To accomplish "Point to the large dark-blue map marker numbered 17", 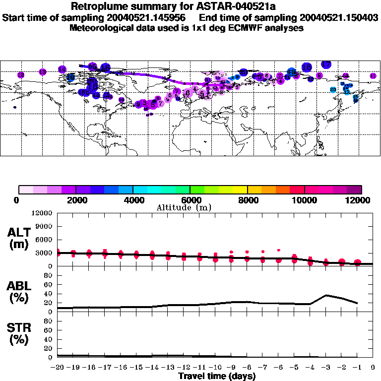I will (x=326, y=64).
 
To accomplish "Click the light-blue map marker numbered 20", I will (x=333, y=89).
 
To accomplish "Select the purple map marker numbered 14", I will (x=62, y=69).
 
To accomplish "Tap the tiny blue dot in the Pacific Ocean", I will (x=15, y=107).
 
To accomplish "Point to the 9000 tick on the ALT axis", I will (x=44, y=226).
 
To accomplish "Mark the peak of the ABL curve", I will (x=326, y=295).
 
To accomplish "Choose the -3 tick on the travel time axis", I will (x=326, y=368).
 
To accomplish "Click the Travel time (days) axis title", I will (x=217, y=377).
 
